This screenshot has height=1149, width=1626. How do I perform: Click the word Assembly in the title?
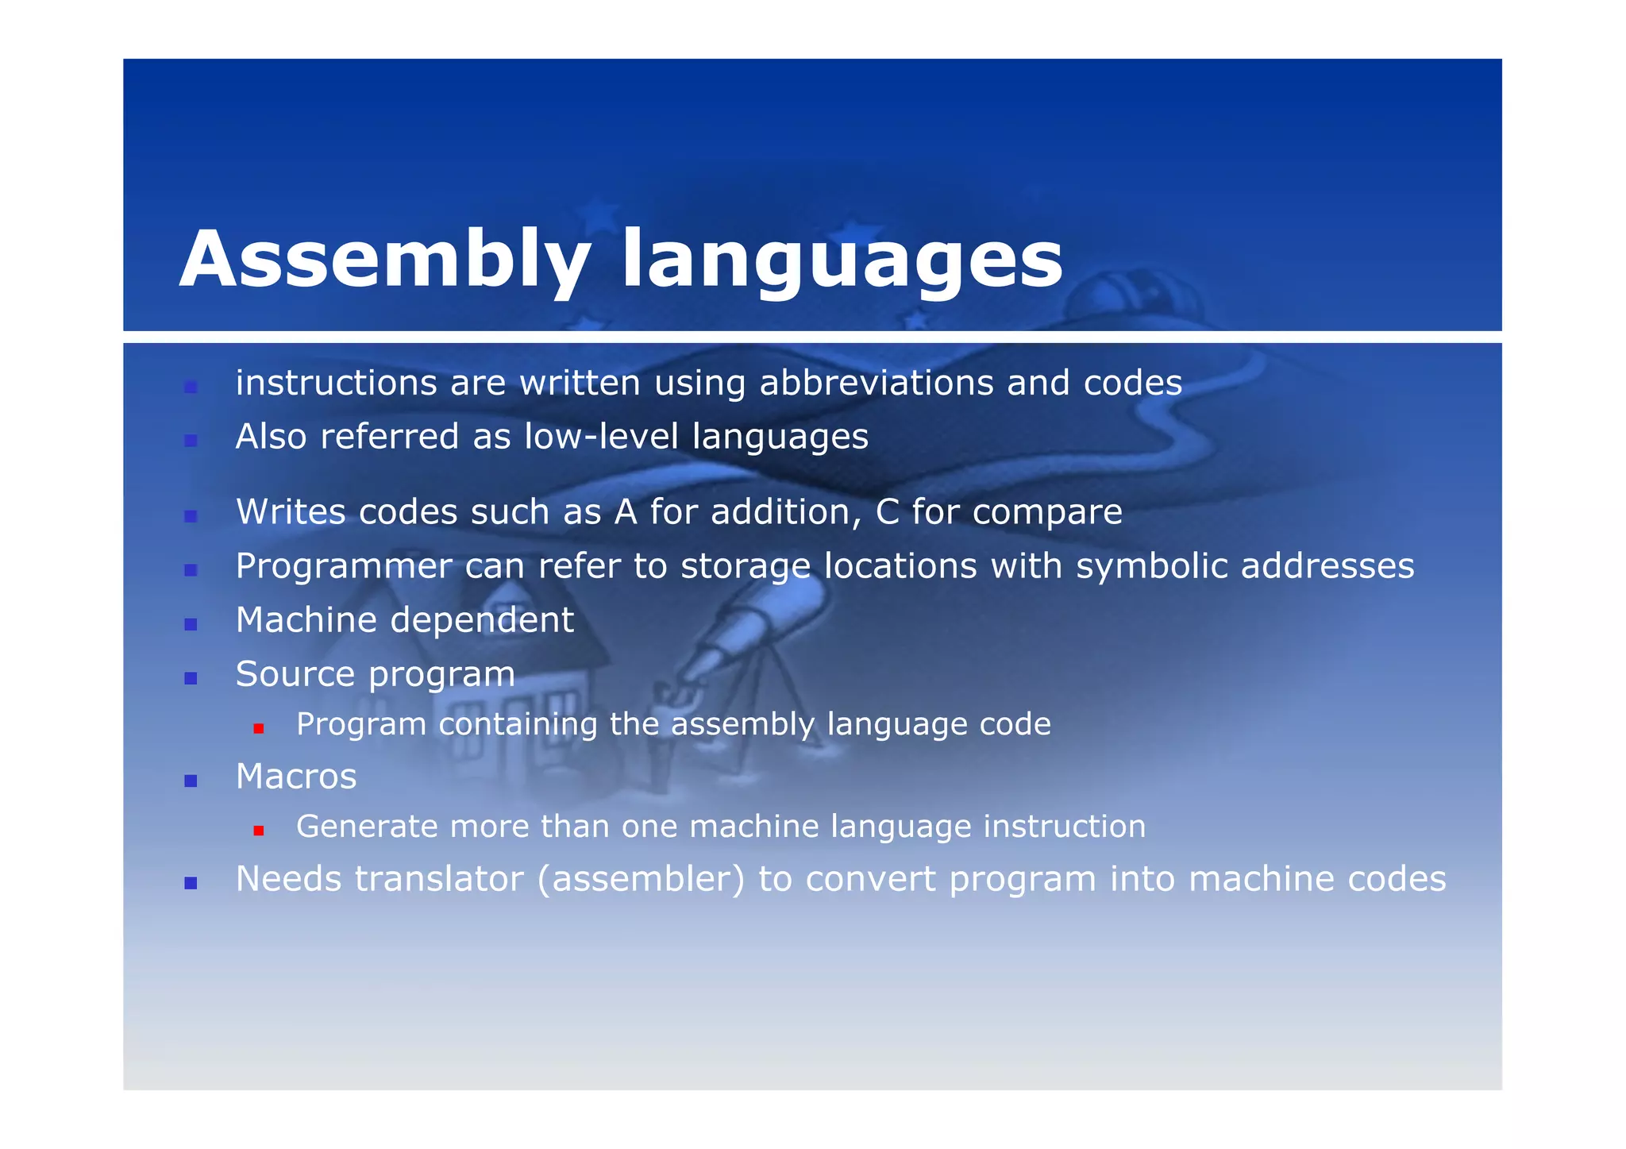tap(384, 260)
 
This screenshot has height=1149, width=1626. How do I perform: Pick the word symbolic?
tap(1151, 566)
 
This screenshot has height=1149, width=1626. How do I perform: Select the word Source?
tap(295, 674)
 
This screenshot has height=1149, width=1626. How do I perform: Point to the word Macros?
tap(296, 777)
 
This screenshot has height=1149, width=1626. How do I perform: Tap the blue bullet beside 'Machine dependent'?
tap(191, 624)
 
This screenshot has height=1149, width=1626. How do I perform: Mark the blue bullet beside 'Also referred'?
tap(191, 441)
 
